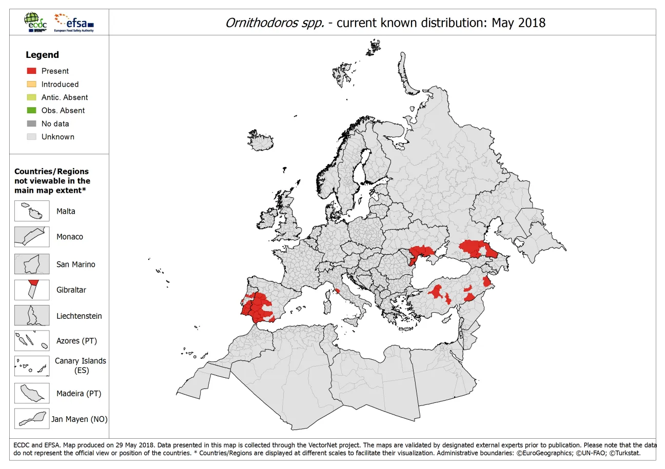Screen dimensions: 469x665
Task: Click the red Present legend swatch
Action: pyautogui.click(x=31, y=71)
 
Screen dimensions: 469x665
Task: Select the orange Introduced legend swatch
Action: pyautogui.click(x=31, y=84)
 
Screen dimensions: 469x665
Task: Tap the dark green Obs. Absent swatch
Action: pyautogui.click(x=31, y=110)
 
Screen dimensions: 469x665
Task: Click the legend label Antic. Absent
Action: pyautogui.click(x=65, y=97)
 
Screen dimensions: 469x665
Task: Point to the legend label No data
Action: pyautogui.click(x=55, y=124)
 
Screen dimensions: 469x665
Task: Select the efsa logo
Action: pyautogui.click(x=74, y=22)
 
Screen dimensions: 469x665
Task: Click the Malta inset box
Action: pyautogui.click(x=32, y=211)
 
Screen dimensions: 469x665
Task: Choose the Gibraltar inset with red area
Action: pyautogui.click(x=32, y=290)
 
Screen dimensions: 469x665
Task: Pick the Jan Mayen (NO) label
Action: pyautogui.click(x=79, y=419)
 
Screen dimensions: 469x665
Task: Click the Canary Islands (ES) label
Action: pyautogui.click(x=81, y=365)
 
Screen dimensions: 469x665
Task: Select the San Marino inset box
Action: pyautogui.click(x=32, y=264)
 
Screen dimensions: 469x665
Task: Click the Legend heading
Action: pyautogui.click(x=42, y=55)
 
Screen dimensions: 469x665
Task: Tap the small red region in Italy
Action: pyautogui.click(x=338, y=291)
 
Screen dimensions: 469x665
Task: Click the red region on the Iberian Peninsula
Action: pyautogui.click(x=259, y=308)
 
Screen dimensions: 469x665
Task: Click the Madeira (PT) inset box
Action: pyautogui.click(x=32, y=393)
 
